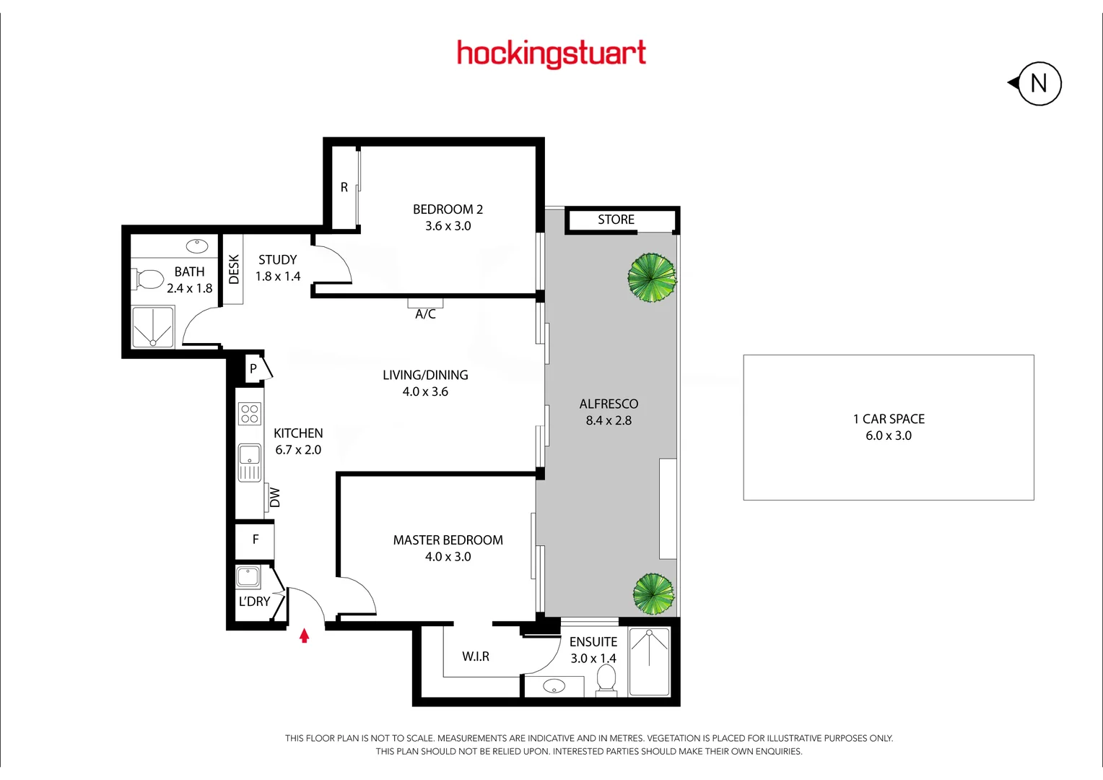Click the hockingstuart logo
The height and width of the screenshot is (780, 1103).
[551, 53]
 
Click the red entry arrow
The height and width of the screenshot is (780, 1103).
[305, 636]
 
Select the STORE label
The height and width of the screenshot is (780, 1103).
[616, 220]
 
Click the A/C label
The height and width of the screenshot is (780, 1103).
[425, 314]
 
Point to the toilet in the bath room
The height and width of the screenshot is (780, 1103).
[149, 279]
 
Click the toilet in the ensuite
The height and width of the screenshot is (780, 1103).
[606, 679]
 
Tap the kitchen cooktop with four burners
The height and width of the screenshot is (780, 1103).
[250, 414]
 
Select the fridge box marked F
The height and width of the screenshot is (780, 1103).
[255, 539]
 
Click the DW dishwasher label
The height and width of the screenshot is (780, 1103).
[275, 497]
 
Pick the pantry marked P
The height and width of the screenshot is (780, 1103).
[253, 369]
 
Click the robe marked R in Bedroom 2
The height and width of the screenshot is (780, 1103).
[344, 188]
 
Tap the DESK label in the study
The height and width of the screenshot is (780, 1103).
[233, 269]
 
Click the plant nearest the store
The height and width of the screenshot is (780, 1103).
[652, 277]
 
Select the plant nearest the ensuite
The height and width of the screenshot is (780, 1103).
[653, 594]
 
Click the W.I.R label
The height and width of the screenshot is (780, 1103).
[476, 656]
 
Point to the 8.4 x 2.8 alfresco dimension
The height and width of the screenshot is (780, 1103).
[609, 420]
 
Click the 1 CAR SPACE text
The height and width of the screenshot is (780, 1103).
[889, 419]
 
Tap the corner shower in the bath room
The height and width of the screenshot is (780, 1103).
[153, 327]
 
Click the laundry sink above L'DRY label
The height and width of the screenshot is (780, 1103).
[248, 577]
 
